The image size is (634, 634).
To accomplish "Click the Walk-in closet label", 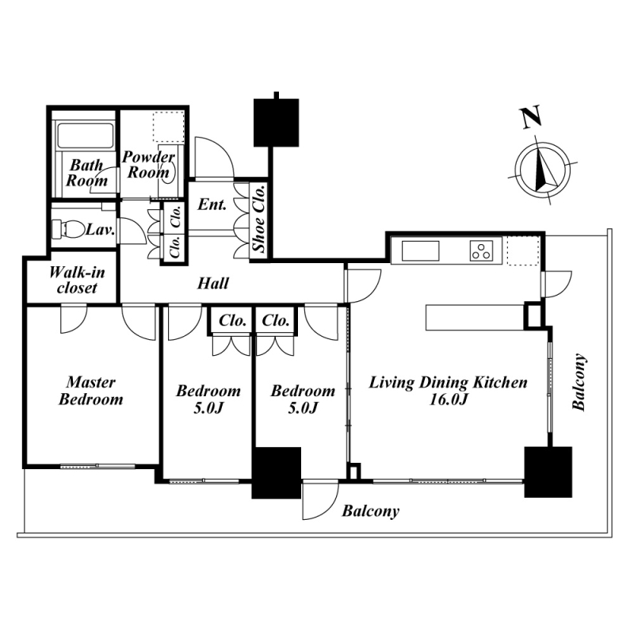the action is tap(73, 280).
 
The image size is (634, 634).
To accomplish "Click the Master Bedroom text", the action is tap(91, 391).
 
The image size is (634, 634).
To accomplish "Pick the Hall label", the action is tap(213, 283).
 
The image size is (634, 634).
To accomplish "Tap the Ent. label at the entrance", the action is tap(212, 204).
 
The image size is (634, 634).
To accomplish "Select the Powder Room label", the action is tap(147, 165).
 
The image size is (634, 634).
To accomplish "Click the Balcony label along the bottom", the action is tap(370, 511).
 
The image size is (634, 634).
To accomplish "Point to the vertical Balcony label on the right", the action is tap(580, 383).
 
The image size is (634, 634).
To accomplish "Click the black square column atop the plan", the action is tap(277, 122).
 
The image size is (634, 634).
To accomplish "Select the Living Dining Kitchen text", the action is tap(449, 383).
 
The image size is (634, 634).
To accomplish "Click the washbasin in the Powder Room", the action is tap(169, 176).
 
